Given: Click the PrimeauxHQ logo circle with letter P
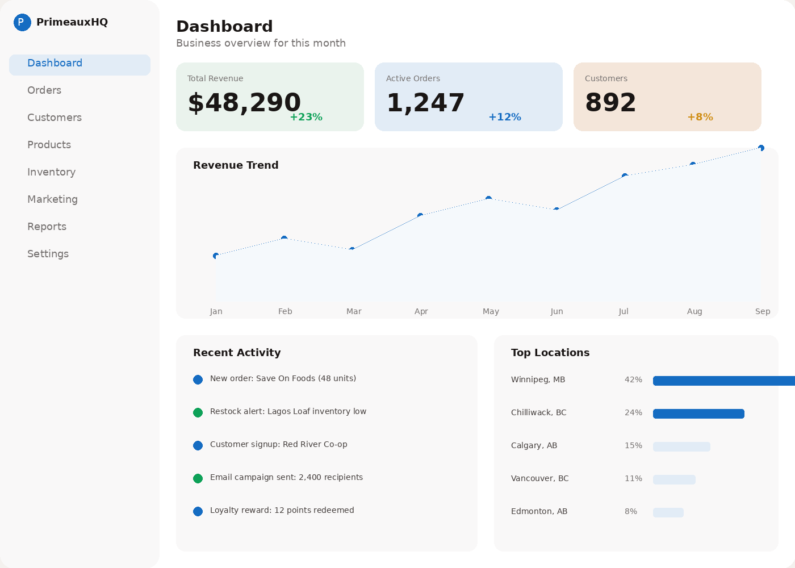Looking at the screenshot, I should click(x=22, y=23).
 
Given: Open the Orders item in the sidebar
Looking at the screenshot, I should click(x=44, y=90).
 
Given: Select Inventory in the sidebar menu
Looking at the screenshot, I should click(x=51, y=172).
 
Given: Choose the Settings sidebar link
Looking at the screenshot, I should click(x=48, y=254).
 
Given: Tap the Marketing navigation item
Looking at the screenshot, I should click(x=52, y=199).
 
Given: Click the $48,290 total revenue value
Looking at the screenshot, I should click(x=244, y=103).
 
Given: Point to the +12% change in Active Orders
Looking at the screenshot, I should click(x=504, y=117).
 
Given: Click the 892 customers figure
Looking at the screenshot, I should click(x=610, y=103).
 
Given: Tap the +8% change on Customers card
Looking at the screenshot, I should click(x=700, y=117).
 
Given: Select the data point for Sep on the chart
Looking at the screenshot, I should click(x=761, y=148).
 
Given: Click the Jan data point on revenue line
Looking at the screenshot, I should click(x=216, y=256).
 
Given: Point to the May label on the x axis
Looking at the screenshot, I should click(x=491, y=311).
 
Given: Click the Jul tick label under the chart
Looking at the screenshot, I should click(x=624, y=311).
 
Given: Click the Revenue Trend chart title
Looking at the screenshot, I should click(x=236, y=165).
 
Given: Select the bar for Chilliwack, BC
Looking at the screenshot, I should click(x=698, y=414).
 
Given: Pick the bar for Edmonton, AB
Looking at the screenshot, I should click(x=668, y=512).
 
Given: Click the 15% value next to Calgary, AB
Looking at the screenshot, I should click(x=633, y=446).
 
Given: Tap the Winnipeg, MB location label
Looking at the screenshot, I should click(x=538, y=380).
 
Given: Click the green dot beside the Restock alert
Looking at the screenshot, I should click(x=198, y=413).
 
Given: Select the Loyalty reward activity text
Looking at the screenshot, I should click(x=282, y=511).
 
